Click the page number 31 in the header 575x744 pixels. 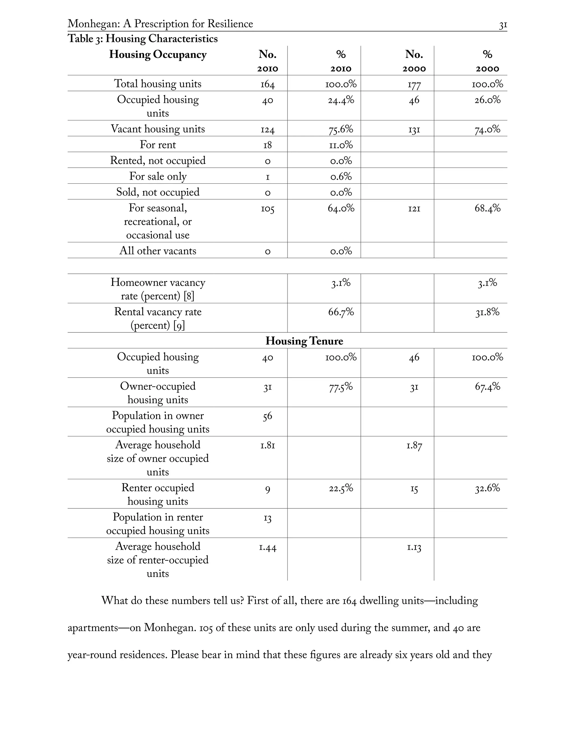click(503, 25)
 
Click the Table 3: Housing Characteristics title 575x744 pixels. click(142, 38)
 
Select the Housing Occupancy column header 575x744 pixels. click(158, 54)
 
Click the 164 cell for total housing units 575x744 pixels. click(267, 84)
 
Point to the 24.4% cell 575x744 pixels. click(341, 100)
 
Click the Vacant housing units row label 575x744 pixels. click(158, 129)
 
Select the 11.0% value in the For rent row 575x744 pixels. click(341, 145)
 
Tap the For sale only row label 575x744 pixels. click(158, 176)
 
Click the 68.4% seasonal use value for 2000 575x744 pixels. click(487, 208)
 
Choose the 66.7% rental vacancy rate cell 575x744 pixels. click(341, 312)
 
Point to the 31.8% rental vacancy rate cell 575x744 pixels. click(487, 312)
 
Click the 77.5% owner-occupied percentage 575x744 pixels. click(341, 387)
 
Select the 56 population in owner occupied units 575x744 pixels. click(267, 416)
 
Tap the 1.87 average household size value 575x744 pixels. click(414, 445)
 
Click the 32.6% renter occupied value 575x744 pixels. click(487, 488)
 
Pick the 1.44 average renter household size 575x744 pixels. click(267, 547)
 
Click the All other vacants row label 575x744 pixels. click(158, 251)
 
